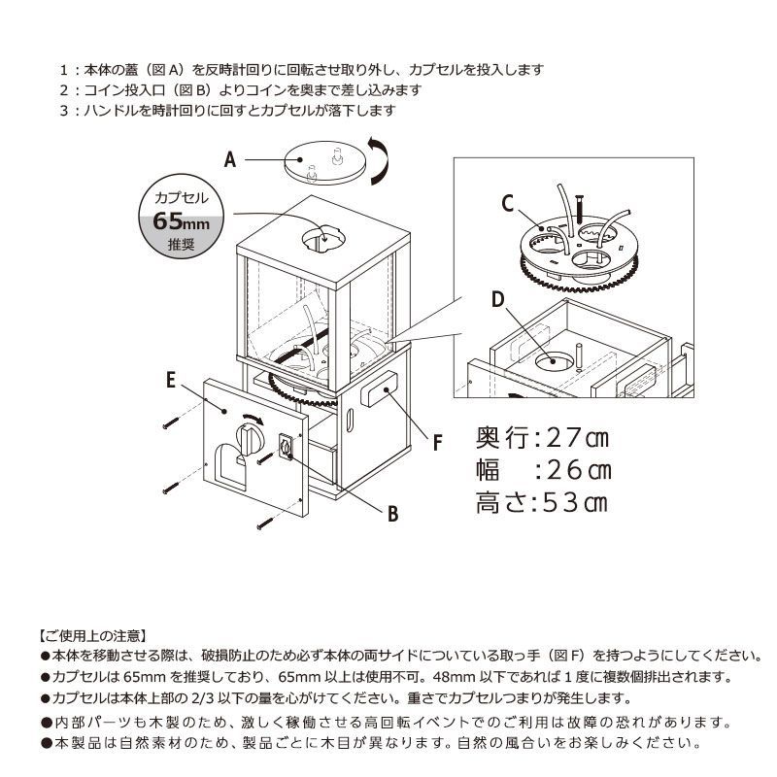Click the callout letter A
pyautogui.click(x=230, y=160)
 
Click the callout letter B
pyautogui.click(x=393, y=514)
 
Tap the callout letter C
pyautogui.click(x=507, y=204)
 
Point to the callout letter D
pyautogui.click(x=497, y=299)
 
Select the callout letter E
pyautogui.click(x=171, y=380)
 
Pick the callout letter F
pyautogui.click(x=438, y=443)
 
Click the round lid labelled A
pyautogui.click(x=325, y=163)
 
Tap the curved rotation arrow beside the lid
pyautogui.click(x=379, y=161)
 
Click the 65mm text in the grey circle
pyautogui.click(x=181, y=221)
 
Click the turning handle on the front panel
pyautogui.click(x=247, y=438)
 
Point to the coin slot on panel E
pyautogui.click(x=286, y=448)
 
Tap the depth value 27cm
pyautogui.click(x=577, y=438)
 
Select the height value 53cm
pyautogui.click(x=576, y=503)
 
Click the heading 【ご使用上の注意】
pyautogui.click(x=93, y=636)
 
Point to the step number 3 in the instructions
pyautogui.click(x=64, y=111)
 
